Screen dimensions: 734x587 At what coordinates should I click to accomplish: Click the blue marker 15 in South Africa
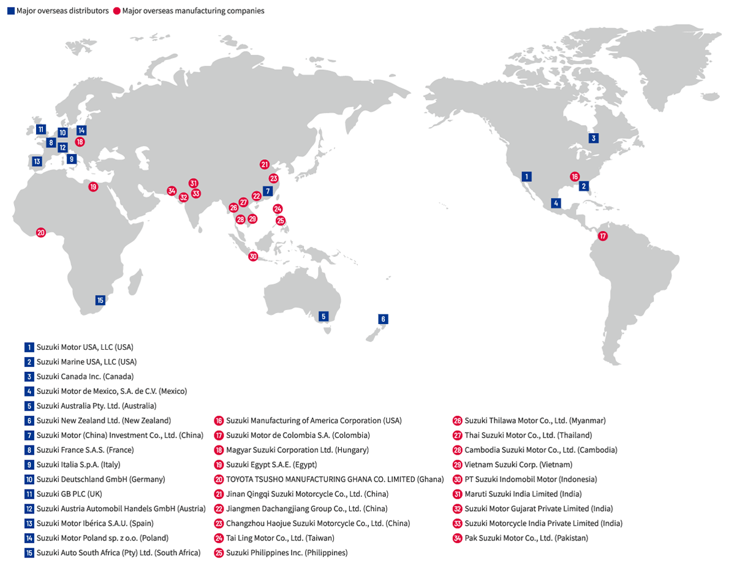click(x=100, y=300)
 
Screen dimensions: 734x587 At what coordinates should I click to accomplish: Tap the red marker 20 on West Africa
click(x=41, y=233)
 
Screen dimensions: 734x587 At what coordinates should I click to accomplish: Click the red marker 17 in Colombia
click(x=603, y=236)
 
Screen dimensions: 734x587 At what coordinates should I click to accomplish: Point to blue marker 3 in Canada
click(x=593, y=138)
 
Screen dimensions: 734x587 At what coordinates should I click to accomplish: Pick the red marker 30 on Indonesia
click(x=253, y=257)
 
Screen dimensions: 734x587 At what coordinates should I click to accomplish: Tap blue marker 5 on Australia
click(x=324, y=317)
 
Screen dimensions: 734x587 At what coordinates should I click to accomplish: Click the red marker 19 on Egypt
click(x=93, y=187)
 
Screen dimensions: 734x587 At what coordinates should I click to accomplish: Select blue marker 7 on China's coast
click(x=268, y=191)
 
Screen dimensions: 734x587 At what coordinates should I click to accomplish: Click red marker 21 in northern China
click(x=264, y=164)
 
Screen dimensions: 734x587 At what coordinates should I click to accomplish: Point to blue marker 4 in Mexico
click(x=556, y=203)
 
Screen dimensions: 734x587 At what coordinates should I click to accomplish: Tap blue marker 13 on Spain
click(x=37, y=162)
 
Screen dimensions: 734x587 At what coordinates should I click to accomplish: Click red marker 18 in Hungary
click(x=80, y=142)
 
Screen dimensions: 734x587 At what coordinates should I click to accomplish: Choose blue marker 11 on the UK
click(x=40, y=129)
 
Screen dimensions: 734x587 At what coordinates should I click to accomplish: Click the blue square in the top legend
click(x=10, y=11)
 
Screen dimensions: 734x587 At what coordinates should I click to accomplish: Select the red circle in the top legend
click(x=116, y=11)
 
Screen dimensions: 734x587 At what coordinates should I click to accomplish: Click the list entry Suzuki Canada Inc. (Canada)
click(x=85, y=376)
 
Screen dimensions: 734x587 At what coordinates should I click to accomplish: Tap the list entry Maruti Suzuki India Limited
click(x=523, y=494)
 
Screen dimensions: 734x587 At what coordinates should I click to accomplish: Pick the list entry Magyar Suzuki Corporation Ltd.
click(x=297, y=450)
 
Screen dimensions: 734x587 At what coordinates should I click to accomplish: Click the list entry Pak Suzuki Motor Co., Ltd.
click(x=526, y=538)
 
